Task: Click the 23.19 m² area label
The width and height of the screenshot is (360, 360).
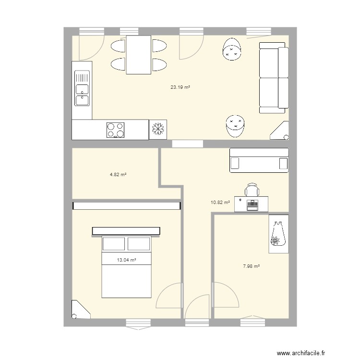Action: (180, 87)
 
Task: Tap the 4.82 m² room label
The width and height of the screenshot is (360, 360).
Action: (118, 175)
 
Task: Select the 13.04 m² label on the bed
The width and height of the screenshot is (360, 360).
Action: (127, 260)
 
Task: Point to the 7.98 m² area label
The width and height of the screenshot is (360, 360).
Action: (252, 266)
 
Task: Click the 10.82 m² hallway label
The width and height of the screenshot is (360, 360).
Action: (220, 203)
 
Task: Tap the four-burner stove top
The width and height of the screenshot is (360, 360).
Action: (116, 130)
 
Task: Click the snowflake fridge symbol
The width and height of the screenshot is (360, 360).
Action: (158, 129)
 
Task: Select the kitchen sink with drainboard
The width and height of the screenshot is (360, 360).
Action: (82, 88)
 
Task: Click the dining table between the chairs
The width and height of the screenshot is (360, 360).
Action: (139, 55)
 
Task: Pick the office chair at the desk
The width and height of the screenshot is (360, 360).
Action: (252, 190)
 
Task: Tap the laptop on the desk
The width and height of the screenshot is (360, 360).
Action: (252, 205)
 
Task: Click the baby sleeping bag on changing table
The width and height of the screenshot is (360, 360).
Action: (278, 234)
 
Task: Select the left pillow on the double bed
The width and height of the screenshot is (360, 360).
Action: (114, 244)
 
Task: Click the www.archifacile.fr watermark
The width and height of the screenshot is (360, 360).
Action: (301, 353)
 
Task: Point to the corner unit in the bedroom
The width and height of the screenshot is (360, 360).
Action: (80, 311)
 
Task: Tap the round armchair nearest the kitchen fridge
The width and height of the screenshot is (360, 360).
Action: (235, 126)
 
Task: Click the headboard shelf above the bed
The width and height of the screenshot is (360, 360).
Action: (126, 231)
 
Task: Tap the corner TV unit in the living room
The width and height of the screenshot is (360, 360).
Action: (280, 131)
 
